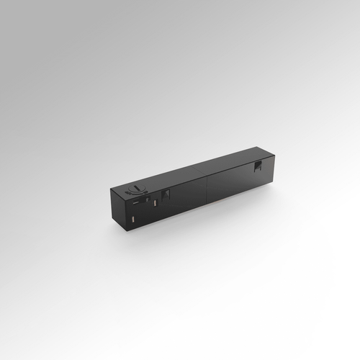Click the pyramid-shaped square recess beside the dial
pyautogui.click(x=166, y=194)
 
